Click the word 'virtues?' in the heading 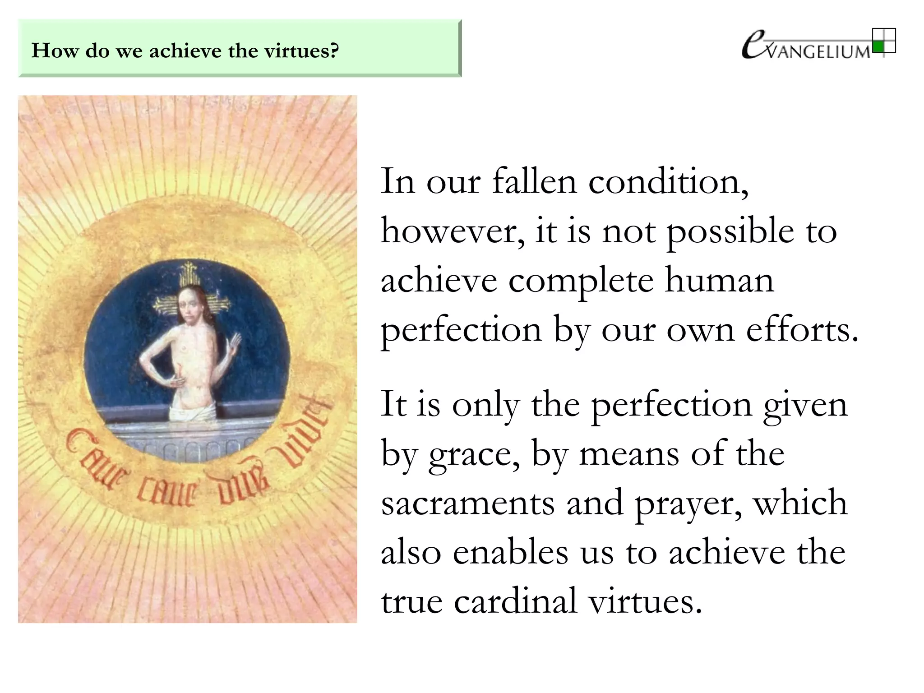301,51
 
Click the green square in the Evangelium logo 878,46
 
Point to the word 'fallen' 534,181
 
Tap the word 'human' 719,281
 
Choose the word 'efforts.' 802,330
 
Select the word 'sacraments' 468,504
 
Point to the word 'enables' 510,552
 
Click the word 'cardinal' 515,602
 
